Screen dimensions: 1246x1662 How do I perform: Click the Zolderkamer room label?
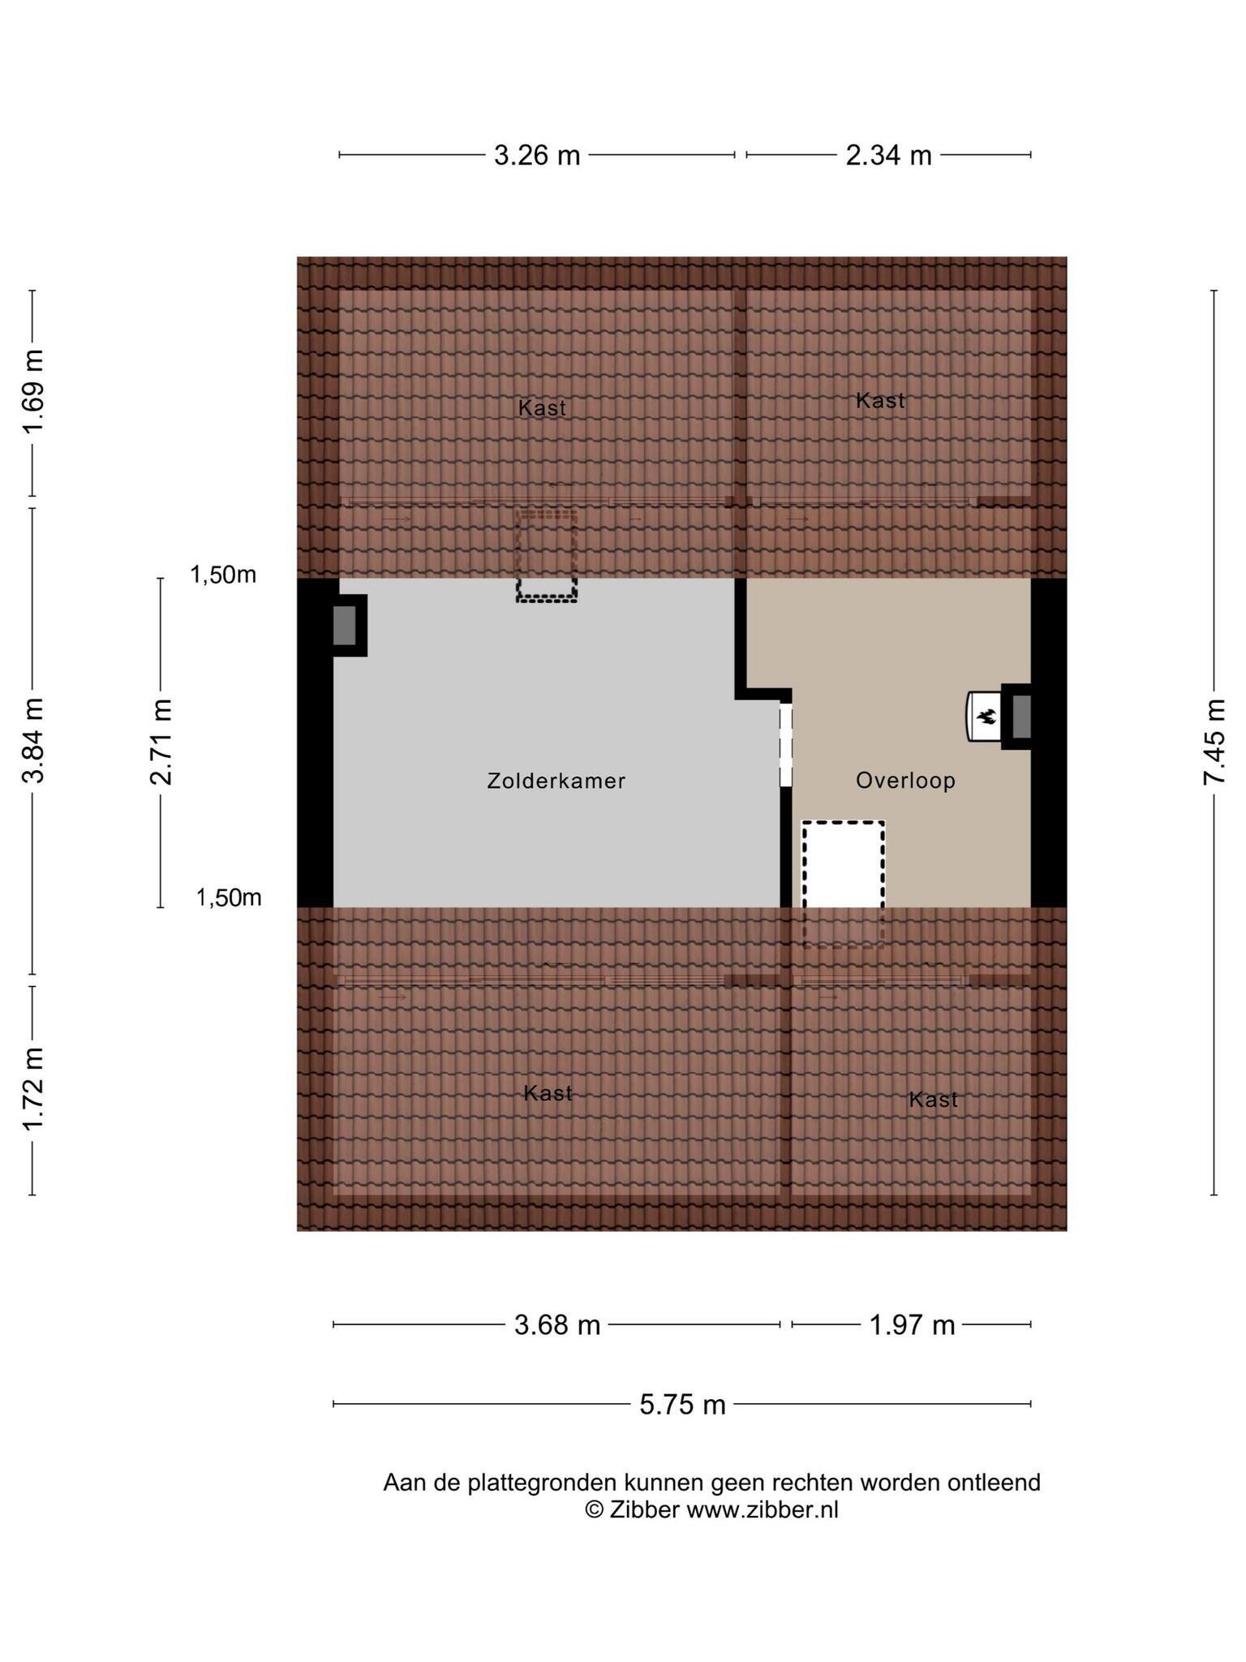(x=556, y=781)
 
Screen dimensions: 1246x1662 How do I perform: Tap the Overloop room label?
(x=905, y=781)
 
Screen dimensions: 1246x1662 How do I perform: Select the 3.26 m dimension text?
(x=537, y=155)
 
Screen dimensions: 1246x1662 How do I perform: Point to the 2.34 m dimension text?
(x=888, y=155)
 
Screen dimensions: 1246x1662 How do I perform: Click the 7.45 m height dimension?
(x=1214, y=741)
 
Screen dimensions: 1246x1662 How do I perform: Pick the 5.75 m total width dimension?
(x=682, y=1404)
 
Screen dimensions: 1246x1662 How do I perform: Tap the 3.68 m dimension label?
(x=557, y=1325)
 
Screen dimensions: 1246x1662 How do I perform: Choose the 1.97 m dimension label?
(x=912, y=1325)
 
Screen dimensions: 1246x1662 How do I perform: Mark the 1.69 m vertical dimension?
(x=33, y=392)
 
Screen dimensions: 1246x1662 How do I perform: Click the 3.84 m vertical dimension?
(x=33, y=740)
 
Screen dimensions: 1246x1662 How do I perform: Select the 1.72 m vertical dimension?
(x=33, y=1089)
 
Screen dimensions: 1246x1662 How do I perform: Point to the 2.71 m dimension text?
(x=161, y=742)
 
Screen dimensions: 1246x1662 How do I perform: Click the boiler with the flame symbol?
(x=983, y=716)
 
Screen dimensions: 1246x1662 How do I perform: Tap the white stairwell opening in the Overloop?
(x=844, y=865)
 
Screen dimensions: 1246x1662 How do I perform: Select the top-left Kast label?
(x=542, y=407)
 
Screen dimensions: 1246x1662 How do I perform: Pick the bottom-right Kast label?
(x=933, y=1100)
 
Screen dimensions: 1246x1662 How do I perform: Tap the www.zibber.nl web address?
(x=763, y=1510)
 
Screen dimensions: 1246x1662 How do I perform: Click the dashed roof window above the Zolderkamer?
(x=547, y=556)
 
